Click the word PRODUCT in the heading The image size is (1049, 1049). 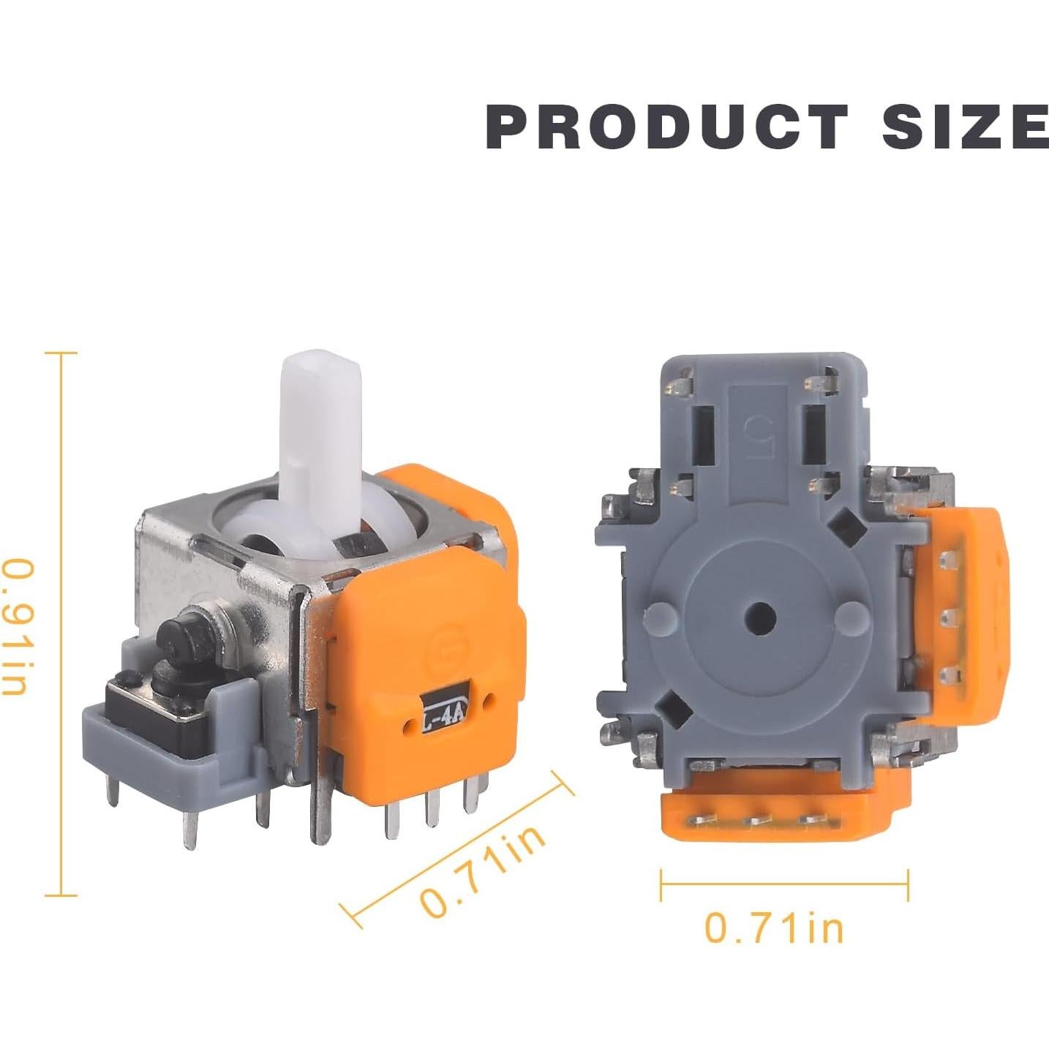pyautogui.click(x=667, y=135)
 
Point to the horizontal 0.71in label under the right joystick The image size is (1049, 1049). pyautogui.click(x=773, y=928)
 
